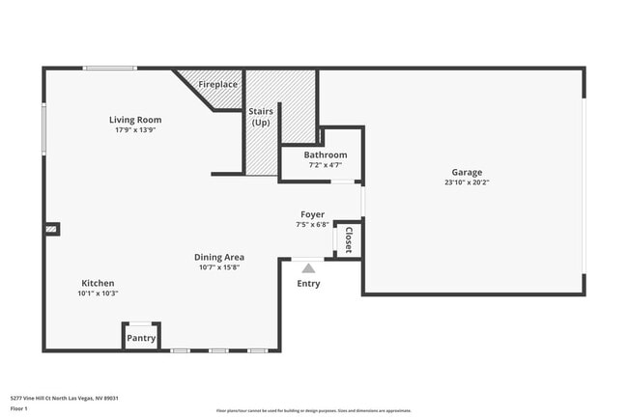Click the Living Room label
[134, 120]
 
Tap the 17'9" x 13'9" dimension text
[134, 130]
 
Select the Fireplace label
[218, 85]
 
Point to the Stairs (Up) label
[261, 117]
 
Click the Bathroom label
[325, 154]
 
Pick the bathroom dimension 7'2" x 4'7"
[325, 165]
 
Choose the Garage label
[467, 172]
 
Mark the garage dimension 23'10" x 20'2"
[467, 182]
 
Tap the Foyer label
[312, 214]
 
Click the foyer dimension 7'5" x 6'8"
[312, 225]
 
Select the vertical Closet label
[348, 239]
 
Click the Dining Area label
[218, 257]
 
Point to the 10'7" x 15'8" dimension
[218, 267]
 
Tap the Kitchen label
[98, 283]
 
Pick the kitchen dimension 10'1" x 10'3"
[98, 293]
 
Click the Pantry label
[141, 338]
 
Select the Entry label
[308, 284]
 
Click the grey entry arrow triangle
[308, 268]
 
